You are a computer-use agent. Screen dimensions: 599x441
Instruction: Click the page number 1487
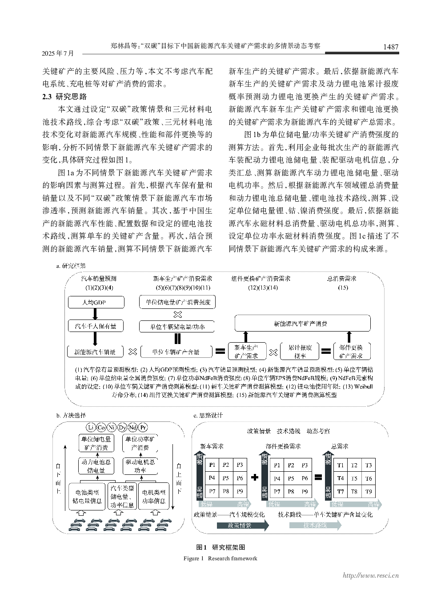390,47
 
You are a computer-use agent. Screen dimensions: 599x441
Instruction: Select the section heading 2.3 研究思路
64,96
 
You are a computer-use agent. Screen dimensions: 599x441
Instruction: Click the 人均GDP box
96,303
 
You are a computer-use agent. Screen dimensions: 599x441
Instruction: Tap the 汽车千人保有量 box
96,326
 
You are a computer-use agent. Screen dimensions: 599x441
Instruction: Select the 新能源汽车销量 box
95,352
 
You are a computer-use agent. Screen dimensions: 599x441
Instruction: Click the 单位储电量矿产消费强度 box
177,303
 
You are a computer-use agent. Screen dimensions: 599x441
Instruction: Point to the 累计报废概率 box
300,352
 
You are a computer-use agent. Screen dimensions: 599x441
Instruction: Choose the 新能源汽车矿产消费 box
302,324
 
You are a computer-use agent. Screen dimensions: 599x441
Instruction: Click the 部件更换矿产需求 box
351,352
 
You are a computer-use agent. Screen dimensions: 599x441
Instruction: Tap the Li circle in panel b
91,428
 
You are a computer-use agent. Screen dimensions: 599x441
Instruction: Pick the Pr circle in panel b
143,428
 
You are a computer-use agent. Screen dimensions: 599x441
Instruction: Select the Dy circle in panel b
122,428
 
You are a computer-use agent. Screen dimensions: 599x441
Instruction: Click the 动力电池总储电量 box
96,466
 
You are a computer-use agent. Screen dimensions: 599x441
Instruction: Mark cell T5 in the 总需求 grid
354,478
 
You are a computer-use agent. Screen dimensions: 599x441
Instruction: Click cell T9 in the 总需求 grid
368,492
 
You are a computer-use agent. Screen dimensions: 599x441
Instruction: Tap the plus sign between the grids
255,478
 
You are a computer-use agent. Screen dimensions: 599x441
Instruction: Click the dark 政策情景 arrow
242,525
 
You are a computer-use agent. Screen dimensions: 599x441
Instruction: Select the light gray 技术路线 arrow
315,525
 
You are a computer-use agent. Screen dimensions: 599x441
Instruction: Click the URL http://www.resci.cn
370,575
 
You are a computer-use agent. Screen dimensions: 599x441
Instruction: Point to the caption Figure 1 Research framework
220,558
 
